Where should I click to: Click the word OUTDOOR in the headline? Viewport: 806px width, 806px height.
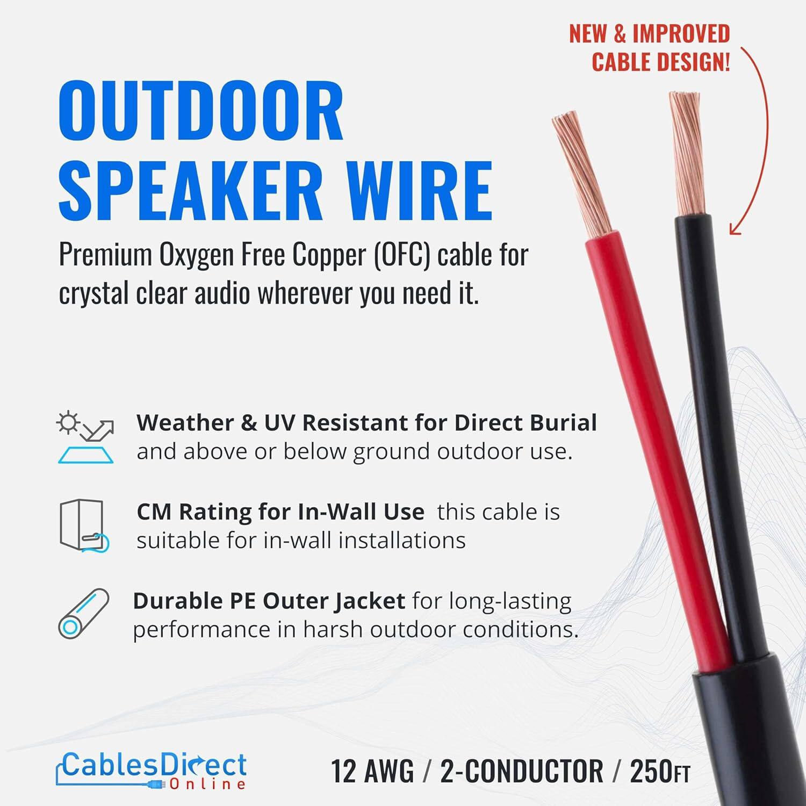coord(200,111)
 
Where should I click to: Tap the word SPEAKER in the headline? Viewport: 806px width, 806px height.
coord(191,191)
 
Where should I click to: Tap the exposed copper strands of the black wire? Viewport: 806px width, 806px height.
coord(687,153)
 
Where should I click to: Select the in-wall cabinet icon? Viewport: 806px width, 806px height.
coord(83,526)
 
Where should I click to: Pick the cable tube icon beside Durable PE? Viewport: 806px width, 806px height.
coord(83,614)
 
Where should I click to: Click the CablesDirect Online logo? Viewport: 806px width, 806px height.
coord(152,770)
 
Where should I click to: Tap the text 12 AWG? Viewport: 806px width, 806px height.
coord(372,772)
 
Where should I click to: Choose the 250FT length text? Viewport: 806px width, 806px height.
coord(659,772)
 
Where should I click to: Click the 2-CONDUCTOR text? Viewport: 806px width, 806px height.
coord(521,772)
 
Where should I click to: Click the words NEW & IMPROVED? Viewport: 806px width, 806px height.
coord(649,34)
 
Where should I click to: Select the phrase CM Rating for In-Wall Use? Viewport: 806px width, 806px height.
coord(280,512)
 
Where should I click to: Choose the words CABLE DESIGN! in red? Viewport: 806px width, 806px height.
coord(661,62)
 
